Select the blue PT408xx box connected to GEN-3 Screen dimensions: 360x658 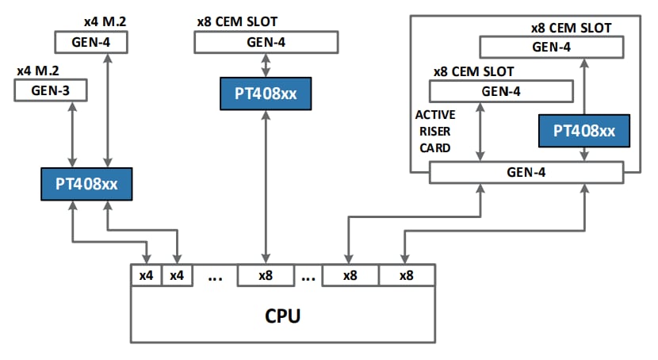coord(86,184)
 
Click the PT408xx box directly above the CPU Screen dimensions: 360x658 coord(266,94)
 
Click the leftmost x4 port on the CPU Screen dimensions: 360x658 coord(146,276)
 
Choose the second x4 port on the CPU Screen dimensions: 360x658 coord(177,276)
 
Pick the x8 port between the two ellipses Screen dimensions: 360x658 coord(266,276)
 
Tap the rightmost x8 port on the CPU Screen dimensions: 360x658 coord(406,276)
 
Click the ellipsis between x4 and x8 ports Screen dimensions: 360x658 coord(214,277)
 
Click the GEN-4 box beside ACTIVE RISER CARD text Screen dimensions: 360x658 coord(500,91)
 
